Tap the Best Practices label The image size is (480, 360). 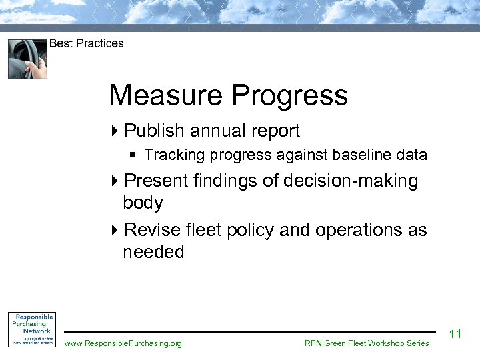tap(86, 43)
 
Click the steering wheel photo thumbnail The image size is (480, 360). tap(27, 59)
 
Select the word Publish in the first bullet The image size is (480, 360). tap(154, 131)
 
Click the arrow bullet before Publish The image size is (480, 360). tap(115, 131)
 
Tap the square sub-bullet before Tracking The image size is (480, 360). tap(133, 155)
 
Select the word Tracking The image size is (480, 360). tap(174, 155)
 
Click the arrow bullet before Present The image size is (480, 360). tap(115, 181)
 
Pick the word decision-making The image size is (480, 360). tap(353, 181)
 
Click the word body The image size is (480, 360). tap(143, 203)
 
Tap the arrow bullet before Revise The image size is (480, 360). tap(115, 230)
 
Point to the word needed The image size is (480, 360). tap(153, 252)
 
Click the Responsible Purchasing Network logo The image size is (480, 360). tap(31, 329)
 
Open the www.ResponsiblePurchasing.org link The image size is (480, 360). tap(123, 343)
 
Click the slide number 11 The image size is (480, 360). tap(456, 333)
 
